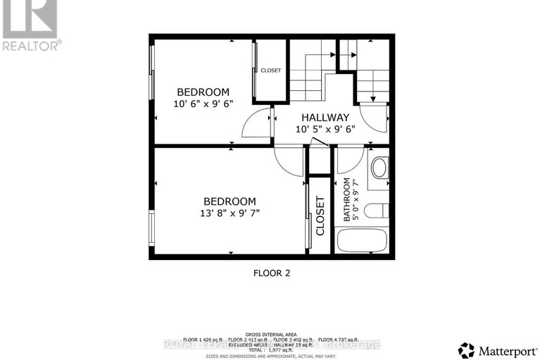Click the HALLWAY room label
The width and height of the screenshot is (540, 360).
325,117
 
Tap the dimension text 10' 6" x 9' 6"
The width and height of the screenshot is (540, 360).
203,104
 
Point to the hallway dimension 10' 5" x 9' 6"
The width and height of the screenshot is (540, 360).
325,129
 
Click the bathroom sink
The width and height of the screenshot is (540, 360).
379,168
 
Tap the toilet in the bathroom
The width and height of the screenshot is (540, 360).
379,211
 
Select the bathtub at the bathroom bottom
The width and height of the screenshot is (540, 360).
362,240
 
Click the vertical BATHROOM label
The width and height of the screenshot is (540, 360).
347,199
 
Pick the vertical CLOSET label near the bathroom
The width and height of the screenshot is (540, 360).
320,215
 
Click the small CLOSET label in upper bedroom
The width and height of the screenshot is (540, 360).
270,70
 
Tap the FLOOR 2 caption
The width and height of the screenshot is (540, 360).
271,272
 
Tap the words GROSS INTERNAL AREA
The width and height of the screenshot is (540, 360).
270,334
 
